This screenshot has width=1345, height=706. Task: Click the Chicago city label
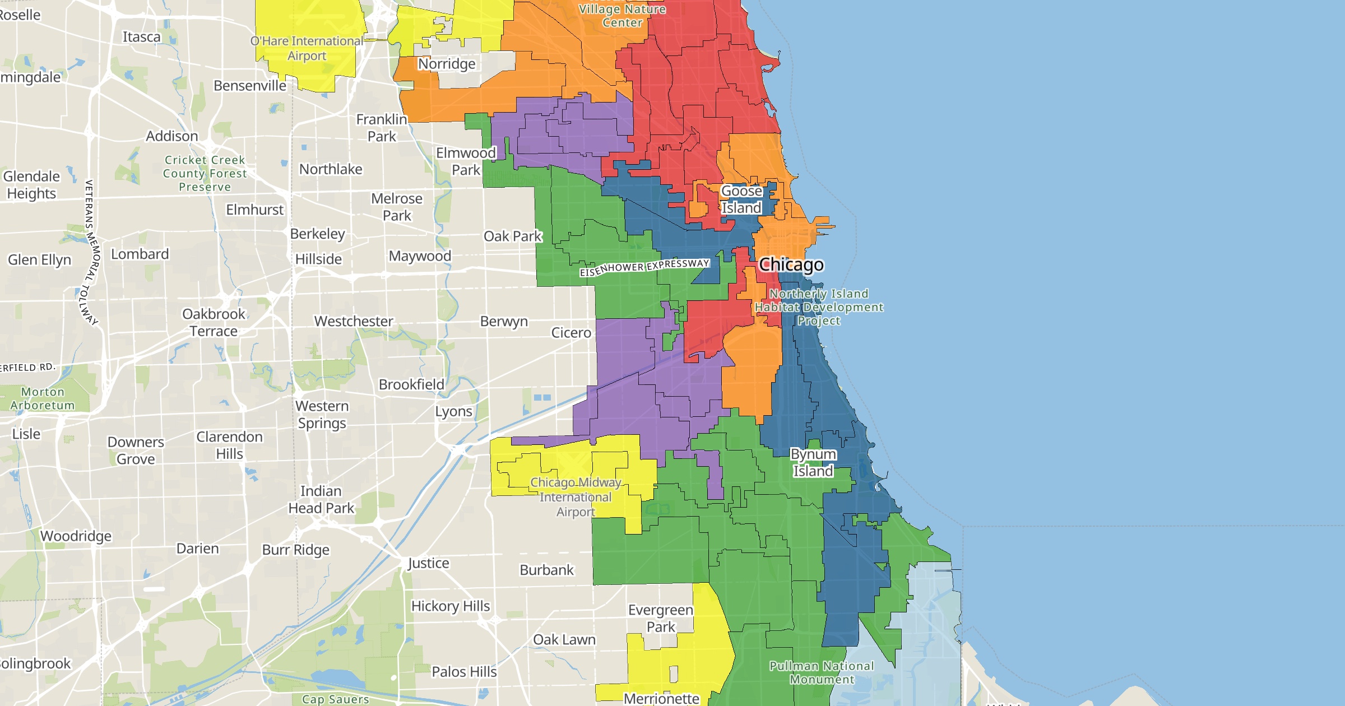(x=791, y=264)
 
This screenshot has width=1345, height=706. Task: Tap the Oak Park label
(x=512, y=236)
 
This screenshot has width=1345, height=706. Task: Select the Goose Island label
(x=741, y=199)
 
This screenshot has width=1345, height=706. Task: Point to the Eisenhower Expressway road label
(x=644, y=268)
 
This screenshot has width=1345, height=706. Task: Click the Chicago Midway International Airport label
(x=576, y=497)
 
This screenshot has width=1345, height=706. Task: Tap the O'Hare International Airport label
(x=307, y=48)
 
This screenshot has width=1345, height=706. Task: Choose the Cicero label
(x=571, y=333)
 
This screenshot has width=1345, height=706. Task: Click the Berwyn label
(x=504, y=322)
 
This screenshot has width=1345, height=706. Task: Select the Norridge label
(x=447, y=64)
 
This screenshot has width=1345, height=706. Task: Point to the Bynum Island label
(x=813, y=463)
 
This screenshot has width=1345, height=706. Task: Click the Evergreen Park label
(x=661, y=618)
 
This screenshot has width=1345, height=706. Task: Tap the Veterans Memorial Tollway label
(x=90, y=252)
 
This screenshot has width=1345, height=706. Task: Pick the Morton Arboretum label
(x=43, y=398)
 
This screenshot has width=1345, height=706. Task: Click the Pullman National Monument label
(x=822, y=672)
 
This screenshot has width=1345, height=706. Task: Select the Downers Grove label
(x=136, y=450)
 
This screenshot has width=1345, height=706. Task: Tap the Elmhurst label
(x=255, y=210)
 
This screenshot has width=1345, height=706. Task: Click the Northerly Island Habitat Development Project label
(x=819, y=307)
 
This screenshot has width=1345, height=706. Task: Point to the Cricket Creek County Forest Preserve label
(x=205, y=174)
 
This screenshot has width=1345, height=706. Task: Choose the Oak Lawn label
(x=564, y=640)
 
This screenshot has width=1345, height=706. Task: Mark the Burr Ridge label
(x=296, y=550)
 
